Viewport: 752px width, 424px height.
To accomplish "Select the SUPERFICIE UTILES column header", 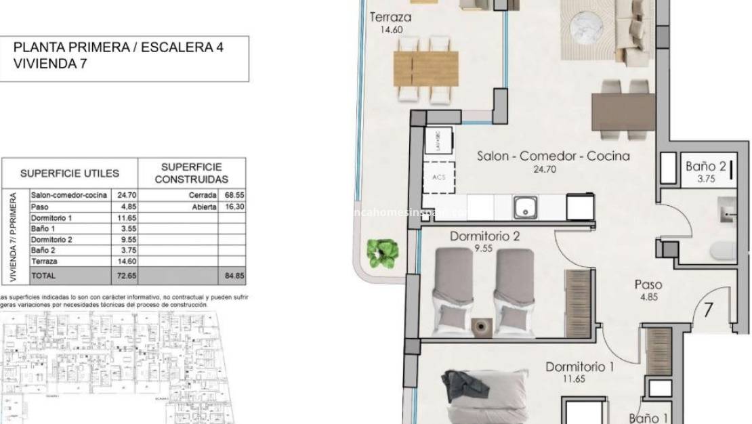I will pyautogui.click(x=69, y=173).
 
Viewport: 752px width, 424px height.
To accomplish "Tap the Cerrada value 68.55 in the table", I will pyautogui.click(x=233, y=195).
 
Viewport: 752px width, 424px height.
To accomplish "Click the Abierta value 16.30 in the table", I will pyautogui.click(x=233, y=207).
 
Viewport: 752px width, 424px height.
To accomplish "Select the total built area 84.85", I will pyautogui.click(x=233, y=276).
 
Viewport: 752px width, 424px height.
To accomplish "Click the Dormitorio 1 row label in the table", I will pyautogui.click(x=51, y=217).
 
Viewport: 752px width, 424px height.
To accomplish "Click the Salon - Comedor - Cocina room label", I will pyautogui.click(x=553, y=156).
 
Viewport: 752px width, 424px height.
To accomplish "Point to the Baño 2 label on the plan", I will pyautogui.click(x=705, y=165).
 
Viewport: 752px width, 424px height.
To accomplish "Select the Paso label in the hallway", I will pyautogui.click(x=648, y=284).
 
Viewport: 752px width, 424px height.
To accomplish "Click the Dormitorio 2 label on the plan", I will pyautogui.click(x=484, y=237).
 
